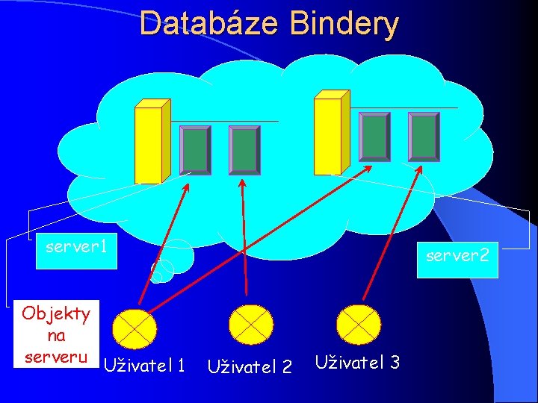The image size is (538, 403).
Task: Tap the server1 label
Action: [76, 245]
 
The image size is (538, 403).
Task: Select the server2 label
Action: [457, 256]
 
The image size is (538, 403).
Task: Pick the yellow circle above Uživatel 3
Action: [359, 322]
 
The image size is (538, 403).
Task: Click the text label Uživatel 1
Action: [144, 365]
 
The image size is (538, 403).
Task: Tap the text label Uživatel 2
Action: [250, 366]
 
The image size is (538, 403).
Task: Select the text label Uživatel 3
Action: [357, 363]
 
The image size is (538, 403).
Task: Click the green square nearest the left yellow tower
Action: [196, 149]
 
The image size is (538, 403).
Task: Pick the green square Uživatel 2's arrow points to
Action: [244, 149]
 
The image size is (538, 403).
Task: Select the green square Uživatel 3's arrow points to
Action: [424, 136]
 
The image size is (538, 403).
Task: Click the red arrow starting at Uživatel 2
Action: [244, 239]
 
